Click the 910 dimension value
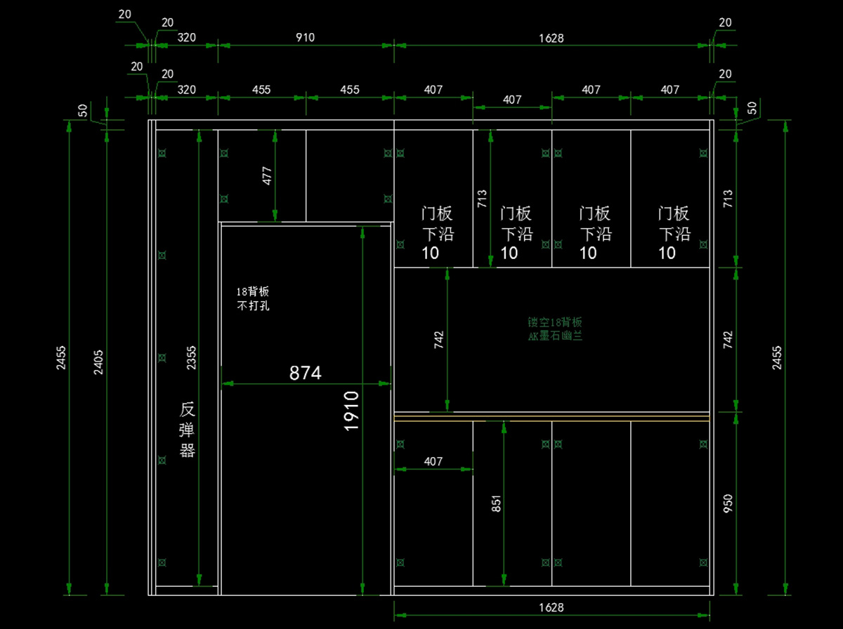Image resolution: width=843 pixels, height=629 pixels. coord(305,37)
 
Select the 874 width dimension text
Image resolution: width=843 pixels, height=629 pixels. coord(306,373)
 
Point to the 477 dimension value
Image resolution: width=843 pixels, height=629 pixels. coord(267,176)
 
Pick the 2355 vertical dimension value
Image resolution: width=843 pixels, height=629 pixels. coord(191,359)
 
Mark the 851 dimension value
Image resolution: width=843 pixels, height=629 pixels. coord(496,504)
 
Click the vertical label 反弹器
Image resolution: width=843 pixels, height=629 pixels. coord(187,430)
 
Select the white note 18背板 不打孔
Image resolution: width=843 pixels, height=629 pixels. coord(254,298)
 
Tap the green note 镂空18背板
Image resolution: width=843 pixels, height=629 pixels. coord(555,329)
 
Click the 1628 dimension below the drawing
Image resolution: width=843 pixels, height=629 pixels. coord(551,607)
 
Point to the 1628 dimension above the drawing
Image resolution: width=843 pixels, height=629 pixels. coord(551,37)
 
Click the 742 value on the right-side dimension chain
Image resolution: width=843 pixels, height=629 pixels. coord(728,340)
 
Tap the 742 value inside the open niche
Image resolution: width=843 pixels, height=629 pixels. coord(439,340)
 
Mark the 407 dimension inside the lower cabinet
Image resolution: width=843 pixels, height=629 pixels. coord(433,461)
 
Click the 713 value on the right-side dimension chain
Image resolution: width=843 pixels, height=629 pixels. coord(728,199)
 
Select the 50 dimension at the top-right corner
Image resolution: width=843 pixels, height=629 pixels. coord(752,108)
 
